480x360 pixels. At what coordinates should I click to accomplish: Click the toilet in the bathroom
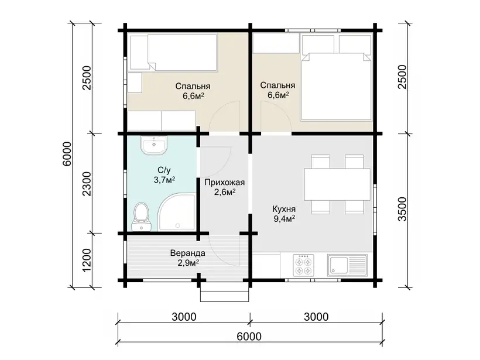[141, 217]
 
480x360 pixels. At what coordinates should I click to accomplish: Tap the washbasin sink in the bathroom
[154, 145]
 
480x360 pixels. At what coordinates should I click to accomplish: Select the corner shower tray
[177, 212]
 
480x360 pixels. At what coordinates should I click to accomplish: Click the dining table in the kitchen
[337, 184]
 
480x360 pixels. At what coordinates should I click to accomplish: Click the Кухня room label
[284, 209]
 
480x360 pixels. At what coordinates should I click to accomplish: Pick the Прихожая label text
[224, 183]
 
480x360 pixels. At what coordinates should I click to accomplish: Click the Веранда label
[188, 253]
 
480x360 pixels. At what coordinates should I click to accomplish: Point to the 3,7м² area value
[164, 180]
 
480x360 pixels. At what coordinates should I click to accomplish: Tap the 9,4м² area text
[284, 218]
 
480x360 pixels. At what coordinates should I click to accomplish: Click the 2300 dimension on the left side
[87, 184]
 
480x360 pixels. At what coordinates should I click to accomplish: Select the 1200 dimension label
[87, 259]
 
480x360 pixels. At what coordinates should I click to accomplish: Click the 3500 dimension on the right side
[402, 209]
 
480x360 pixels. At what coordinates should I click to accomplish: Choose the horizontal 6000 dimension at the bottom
[249, 336]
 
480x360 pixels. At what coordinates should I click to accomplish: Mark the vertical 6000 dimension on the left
[67, 154]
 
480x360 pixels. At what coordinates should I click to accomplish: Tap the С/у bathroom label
[164, 170]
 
